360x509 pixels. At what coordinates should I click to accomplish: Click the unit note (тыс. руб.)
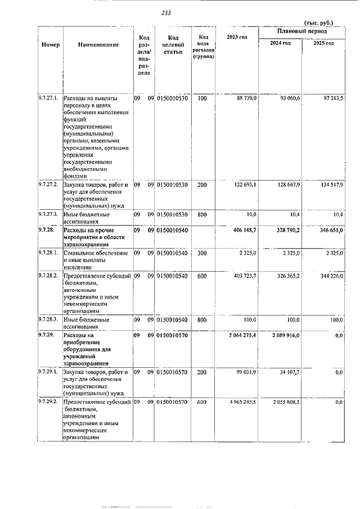318,23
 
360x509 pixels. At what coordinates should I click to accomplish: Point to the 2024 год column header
280,43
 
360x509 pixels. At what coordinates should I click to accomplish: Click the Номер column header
50,45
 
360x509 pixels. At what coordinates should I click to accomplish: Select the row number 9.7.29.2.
49,402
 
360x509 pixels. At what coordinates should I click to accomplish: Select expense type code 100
202,98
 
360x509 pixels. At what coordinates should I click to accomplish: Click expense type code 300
202,253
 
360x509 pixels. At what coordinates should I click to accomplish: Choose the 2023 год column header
236,37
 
